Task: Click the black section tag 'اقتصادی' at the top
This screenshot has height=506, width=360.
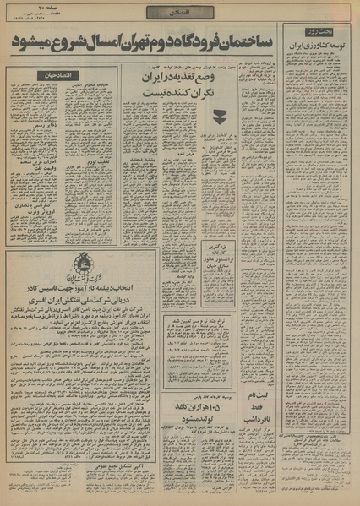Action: point(171,12)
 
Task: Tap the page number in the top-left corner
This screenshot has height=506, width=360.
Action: point(29,10)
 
